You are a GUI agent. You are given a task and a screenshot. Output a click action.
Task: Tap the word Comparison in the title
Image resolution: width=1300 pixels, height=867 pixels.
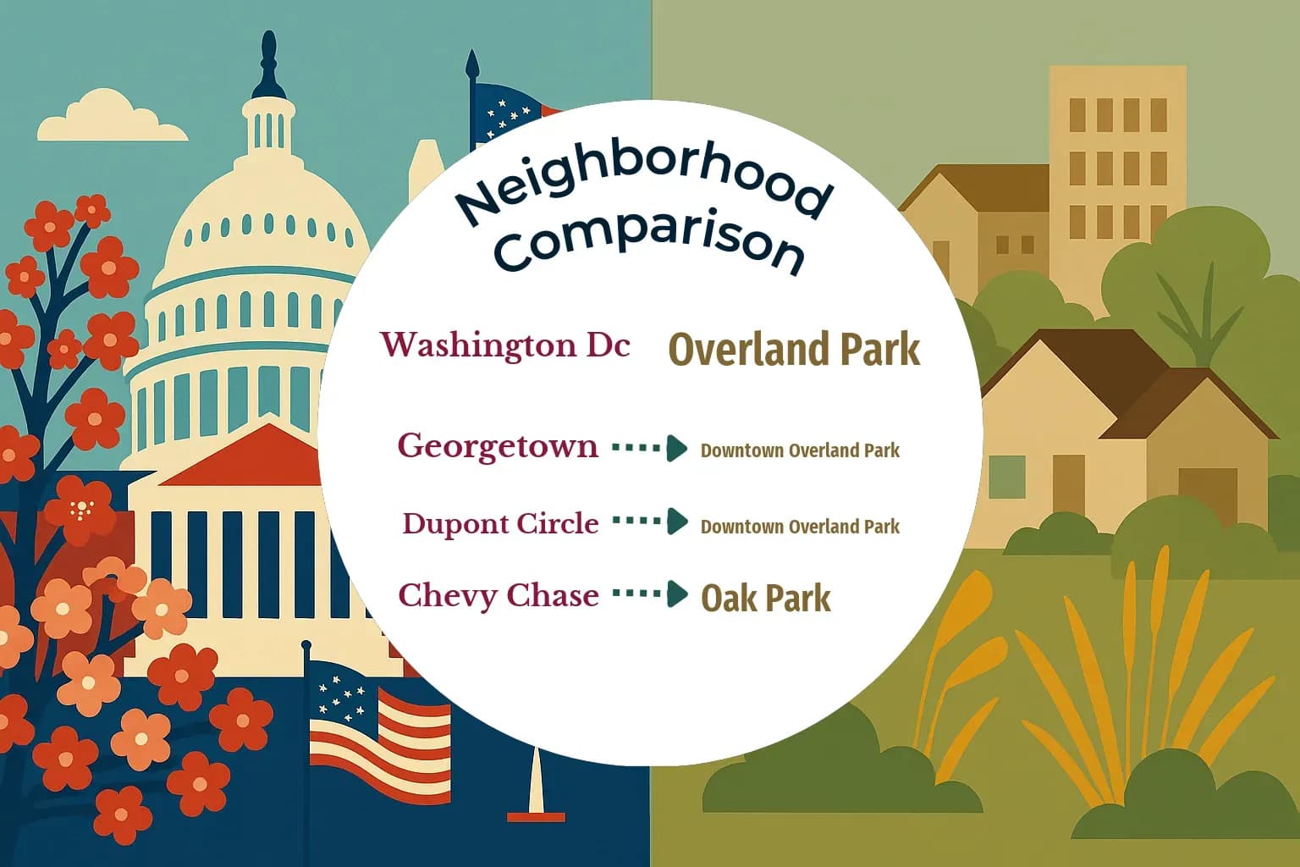point(649,244)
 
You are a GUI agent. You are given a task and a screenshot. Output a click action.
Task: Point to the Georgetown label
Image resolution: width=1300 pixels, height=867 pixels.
point(498,446)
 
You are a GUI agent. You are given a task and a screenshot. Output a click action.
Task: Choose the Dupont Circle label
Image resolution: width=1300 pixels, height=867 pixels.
point(500,523)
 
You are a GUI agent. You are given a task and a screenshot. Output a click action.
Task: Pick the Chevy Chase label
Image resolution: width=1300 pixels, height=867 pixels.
point(499,595)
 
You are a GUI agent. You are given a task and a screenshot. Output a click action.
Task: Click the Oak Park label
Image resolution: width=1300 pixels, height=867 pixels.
point(766,598)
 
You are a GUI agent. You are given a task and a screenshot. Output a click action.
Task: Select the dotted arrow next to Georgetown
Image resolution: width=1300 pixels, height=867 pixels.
point(650,448)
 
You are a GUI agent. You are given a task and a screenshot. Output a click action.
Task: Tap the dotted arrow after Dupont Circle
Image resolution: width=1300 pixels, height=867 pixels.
point(650,521)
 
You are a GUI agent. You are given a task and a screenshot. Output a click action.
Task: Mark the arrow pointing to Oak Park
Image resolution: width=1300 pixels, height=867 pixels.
point(650,594)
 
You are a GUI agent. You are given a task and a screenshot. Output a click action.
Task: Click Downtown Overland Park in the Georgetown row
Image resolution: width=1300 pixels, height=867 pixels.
point(801,450)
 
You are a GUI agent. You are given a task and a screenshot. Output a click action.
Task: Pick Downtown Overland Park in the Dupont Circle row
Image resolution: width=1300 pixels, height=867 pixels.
point(801,527)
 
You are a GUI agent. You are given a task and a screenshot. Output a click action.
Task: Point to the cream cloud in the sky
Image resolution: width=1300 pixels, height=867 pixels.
point(113,115)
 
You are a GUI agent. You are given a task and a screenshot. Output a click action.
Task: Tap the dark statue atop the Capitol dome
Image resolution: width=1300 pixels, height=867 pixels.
point(268,64)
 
